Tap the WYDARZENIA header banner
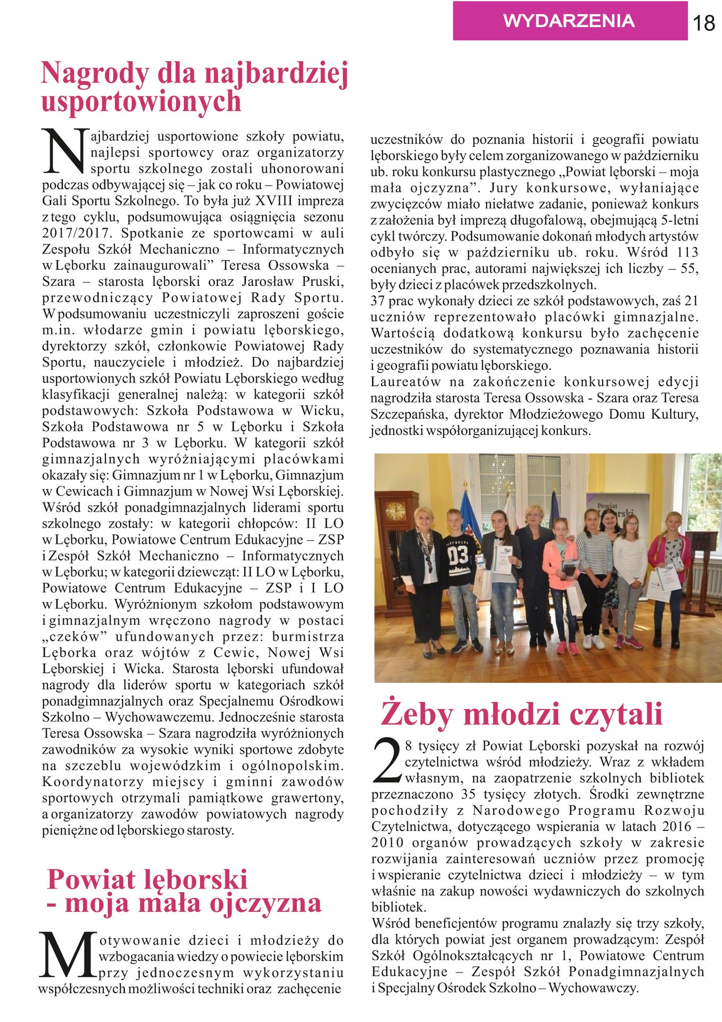pos(569,21)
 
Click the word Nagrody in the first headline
pos(94,73)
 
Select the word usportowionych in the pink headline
pos(141,101)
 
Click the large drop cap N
pos(64,151)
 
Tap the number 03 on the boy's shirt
pos(457,556)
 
